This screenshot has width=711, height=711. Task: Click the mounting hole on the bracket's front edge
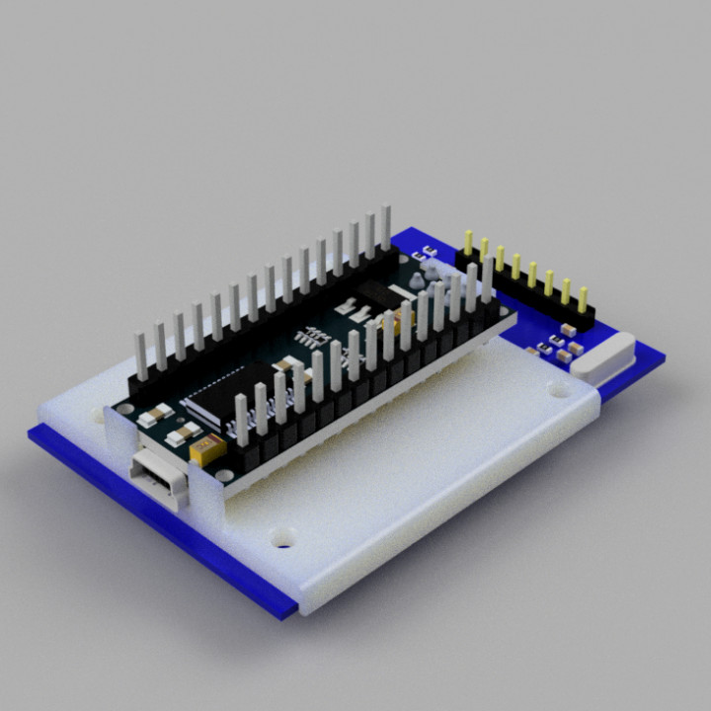[x=284, y=539]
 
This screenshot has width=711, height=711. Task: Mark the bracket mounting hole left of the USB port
[x=99, y=417]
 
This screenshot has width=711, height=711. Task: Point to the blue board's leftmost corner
[x=32, y=434]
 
